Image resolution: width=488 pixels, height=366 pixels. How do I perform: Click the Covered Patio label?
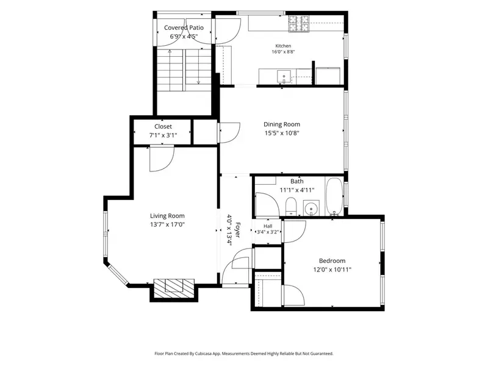[x=184, y=27]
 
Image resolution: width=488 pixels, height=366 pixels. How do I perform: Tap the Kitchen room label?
[x=283, y=46]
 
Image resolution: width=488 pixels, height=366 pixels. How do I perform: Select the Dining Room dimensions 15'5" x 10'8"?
[x=282, y=133]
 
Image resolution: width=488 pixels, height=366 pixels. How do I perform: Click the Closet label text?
[x=163, y=127]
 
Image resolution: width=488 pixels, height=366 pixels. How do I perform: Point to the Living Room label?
[x=167, y=216]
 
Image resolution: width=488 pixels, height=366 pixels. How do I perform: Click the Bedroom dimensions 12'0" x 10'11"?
[x=332, y=270]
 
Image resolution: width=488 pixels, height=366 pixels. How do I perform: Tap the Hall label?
[x=268, y=226]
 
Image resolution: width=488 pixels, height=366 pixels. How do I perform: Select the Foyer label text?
[x=237, y=230]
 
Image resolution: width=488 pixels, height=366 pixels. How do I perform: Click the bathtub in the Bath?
[x=334, y=196]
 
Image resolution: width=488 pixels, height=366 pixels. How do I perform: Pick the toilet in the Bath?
[x=292, y=206]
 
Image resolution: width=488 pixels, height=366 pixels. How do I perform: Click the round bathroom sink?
[x=311, y=207]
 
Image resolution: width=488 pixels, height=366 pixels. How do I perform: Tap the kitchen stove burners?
[x=299, y=24]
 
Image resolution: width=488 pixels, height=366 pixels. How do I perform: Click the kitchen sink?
[x=284, y=77]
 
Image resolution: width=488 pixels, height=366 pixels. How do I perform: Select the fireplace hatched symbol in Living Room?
[x=174, y=289]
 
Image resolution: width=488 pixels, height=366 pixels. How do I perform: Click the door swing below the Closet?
[x=162, y=159]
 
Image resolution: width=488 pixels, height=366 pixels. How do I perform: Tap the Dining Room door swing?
[x=230, y=133]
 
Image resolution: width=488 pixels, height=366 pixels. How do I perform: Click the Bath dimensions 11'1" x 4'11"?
[x=297, y=190]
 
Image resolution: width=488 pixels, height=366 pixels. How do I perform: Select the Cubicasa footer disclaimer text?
[x=244, y=354]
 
